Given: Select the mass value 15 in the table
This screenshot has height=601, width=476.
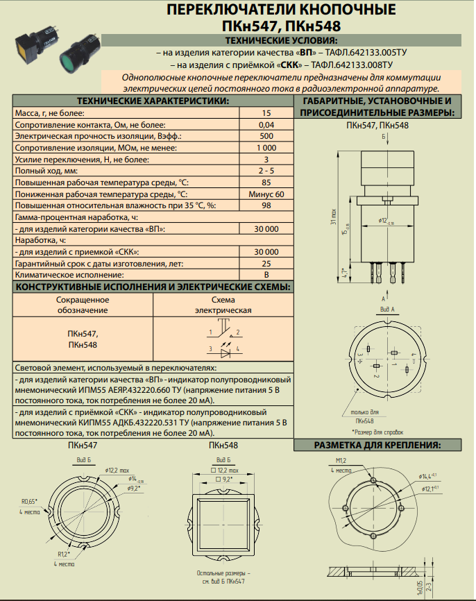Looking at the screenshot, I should tap(266, 112).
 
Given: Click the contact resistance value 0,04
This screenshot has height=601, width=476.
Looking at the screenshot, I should tap(266, 124).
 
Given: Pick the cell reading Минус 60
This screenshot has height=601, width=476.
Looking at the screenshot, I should tap(266, 194).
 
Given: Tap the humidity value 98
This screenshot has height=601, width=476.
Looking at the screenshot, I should tap(266, 206).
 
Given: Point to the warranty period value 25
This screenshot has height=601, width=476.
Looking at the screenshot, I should tap(266, 264).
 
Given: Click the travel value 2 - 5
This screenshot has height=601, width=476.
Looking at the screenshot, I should tap(266, 171).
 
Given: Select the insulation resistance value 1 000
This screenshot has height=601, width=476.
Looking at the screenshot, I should tap(266, 148).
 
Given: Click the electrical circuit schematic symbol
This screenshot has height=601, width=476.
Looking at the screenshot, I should tap(222, 339).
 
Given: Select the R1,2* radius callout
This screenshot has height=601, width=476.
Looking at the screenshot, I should tap(64, 555).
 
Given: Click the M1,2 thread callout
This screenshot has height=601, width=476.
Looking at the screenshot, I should tap(340, 461).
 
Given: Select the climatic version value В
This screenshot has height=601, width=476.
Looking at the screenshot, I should tap(266, 276).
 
